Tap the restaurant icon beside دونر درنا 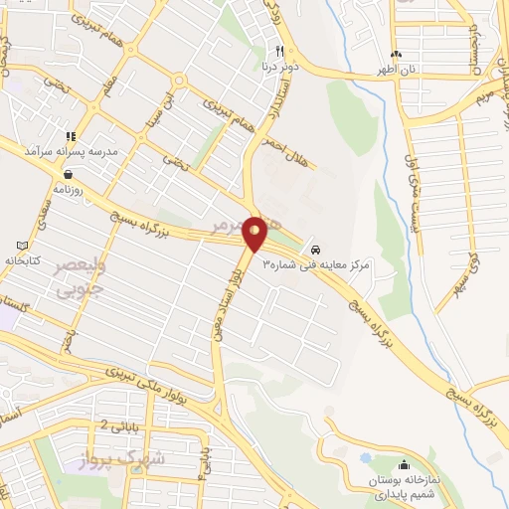280,52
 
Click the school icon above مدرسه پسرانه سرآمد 71,135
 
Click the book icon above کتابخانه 23,246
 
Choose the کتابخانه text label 23,259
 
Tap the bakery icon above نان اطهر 398,54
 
